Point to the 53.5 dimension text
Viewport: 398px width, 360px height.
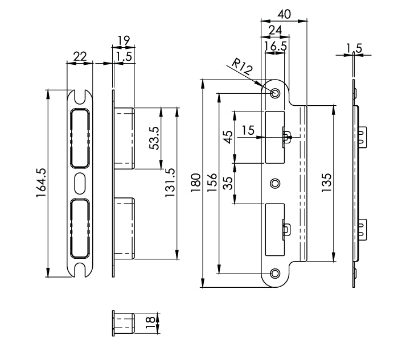click(x=153, y=138)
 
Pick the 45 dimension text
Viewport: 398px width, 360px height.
click(x=227, y=138)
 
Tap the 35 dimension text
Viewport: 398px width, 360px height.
click(x=227, y=183)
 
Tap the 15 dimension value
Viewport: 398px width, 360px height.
click(x=247, y=130)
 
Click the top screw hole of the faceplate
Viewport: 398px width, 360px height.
click(x=275, y=93)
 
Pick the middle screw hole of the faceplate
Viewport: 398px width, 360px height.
click(x=275, y=183)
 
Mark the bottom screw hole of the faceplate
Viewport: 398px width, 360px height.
click(x=275, y=274)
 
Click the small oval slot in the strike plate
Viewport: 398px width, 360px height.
click(x=80, y=183)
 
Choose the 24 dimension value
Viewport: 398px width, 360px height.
click(x=275, y=29)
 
